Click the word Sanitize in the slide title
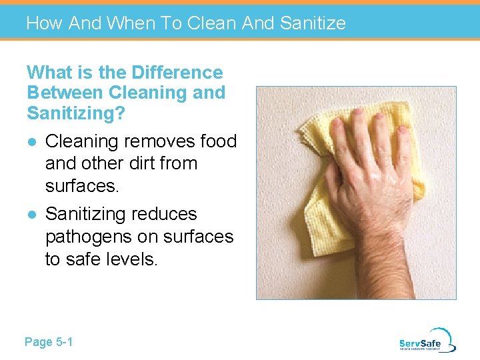pyautogui.click(x=313, y=23)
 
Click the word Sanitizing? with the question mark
pyautogui.click(x=76, y=113)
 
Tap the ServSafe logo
pyautogui.click(x=427, y=340)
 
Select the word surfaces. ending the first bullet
pyautogui.click(x=82, y=185)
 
